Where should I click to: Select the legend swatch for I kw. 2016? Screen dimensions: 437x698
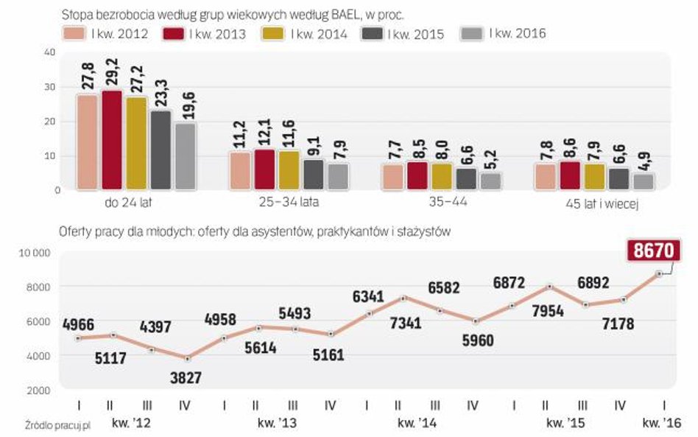(x=472, y=33)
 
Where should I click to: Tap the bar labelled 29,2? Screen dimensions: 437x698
(x=112, y=140)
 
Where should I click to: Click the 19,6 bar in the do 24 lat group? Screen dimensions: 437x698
(x=185, y=155)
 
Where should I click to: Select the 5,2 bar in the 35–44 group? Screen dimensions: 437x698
(x=490, y=181)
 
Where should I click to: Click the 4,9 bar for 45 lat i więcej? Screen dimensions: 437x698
(x=643, y=181)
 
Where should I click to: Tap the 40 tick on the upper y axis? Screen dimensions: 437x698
(x=49, y=52)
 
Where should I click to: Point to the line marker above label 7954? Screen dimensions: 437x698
(x=549, y=287)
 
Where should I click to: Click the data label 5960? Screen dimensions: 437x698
(x=479, y=340)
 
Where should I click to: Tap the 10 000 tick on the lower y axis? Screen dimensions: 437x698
(x=32, y=253)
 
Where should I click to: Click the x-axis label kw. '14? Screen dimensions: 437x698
(x=417, y=422)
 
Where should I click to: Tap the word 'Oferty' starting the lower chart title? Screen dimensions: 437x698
(x=74, y=231)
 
